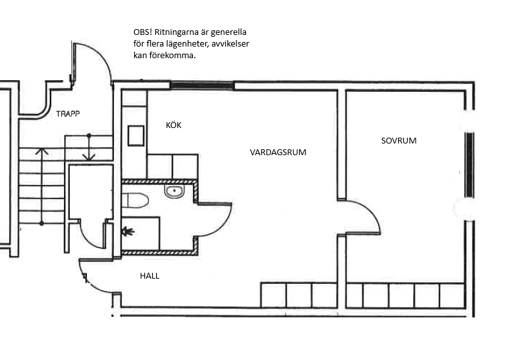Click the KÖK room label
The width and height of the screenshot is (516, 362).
click(x=174, y=125)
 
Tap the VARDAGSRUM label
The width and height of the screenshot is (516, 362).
click(x=278, y=153)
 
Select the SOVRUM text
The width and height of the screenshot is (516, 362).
click(x=399, y=140)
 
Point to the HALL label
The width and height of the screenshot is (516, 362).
click(x=150, y=276)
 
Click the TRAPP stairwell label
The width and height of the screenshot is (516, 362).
click(x=68, y=114)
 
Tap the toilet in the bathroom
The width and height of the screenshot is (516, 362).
click(x=135, y=200)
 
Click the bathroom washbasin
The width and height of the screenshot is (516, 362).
click(x=174, y=191)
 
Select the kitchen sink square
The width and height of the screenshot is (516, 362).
click(x=136, y=135)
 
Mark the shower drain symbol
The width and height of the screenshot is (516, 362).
click(x=128, y=232)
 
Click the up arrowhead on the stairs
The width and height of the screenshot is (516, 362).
click(x=41, y=151)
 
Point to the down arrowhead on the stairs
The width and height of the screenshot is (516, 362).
click(x=89, y=157)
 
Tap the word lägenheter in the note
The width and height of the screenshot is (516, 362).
click(x=191, y=44)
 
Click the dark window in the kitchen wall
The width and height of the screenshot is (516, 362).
click(x=203, y=86)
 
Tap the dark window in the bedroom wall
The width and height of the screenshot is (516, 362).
click(x=469, y=165)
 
